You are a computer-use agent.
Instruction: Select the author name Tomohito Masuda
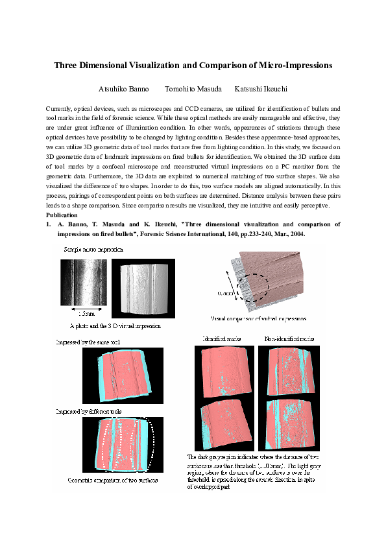tap(193, 89)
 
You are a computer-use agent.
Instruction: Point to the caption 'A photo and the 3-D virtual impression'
tap(115, 326)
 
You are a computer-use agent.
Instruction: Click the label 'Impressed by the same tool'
tap(88, 341)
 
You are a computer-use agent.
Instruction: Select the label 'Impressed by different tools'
tap(88, 411)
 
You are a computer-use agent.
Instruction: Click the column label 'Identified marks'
tap(222, 339)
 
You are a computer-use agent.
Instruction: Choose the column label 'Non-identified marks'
tap(289, 339)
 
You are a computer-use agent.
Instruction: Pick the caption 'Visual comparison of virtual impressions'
tap(259, 319)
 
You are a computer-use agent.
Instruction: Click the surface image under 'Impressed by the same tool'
tap(119, 375)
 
